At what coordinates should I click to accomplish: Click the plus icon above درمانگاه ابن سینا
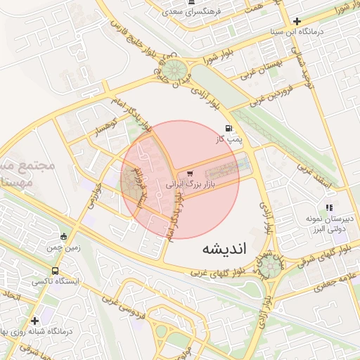pos(297,21)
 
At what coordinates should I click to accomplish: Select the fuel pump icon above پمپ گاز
pos(229,128)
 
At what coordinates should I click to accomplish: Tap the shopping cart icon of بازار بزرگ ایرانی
pos(190,174)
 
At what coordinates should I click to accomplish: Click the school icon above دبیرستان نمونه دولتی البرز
pos(328,207)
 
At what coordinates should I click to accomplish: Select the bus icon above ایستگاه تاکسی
pos(55,270)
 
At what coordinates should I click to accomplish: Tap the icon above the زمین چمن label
pos(64,237)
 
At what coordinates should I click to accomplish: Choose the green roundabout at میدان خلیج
pos(174,70)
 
